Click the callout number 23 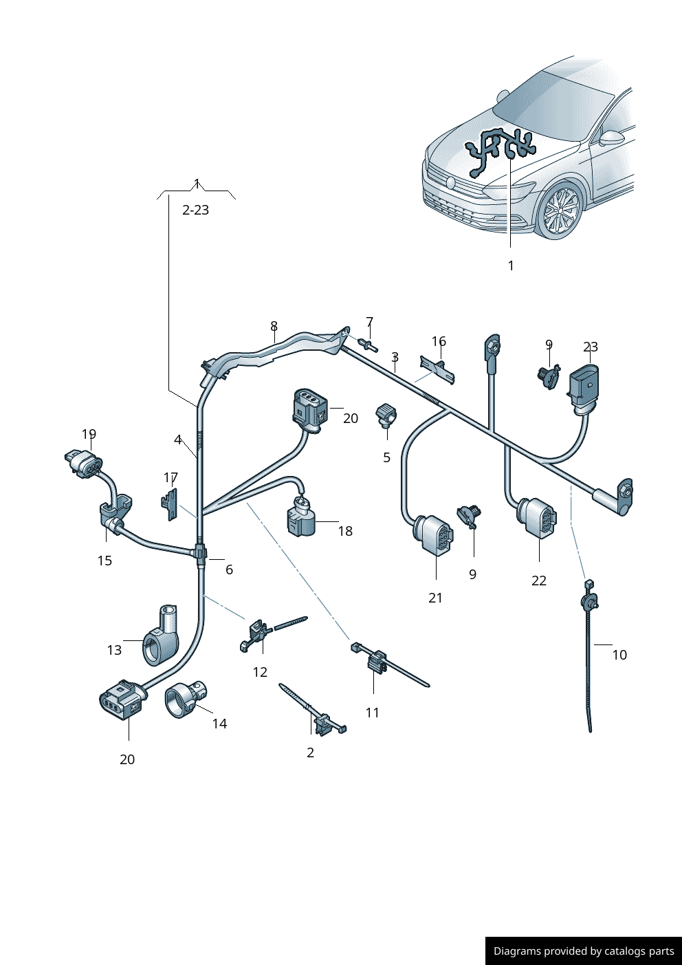point(591,347)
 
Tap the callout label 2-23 point(195,210)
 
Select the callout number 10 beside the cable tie point(619,655)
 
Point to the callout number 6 point(229,570)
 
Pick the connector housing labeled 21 point(434,534)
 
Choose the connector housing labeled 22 point(538,517)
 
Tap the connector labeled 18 point(300,519)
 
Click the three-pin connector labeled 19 point(83,463)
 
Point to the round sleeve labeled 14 point(184,699)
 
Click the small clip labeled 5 point(386,415)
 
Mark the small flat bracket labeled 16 point(437,368)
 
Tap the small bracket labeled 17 point(169,503)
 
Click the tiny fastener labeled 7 point(368,343)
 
